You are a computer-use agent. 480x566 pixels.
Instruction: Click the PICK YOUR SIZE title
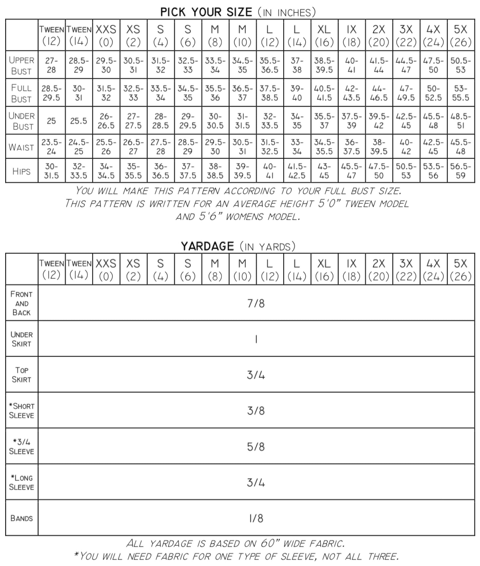point(206,12)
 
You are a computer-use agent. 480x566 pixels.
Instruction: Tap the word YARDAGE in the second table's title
point(207,246)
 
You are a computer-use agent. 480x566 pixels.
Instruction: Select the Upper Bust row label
point(22,65)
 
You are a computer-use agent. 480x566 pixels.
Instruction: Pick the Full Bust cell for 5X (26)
point(460,93)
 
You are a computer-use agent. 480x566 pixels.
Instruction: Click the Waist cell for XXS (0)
point(106,147)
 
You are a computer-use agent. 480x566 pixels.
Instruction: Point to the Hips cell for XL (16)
point(324,171)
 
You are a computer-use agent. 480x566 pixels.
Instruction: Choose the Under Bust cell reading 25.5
point(79,121)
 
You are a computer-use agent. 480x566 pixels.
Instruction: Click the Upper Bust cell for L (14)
point(297,65)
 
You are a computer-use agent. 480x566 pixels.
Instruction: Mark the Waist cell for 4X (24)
point(433,147)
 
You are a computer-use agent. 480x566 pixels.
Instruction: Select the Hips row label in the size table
point(22,171)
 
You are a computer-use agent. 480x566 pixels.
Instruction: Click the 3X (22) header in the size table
point(406,35)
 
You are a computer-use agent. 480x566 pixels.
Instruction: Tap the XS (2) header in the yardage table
point(133,269)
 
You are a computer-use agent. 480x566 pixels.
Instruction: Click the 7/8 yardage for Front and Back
point(256,303)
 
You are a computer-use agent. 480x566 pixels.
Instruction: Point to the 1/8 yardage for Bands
point(256,518)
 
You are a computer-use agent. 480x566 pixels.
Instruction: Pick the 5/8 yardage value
point(256,447)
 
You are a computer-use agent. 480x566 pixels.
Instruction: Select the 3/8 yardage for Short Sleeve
point(256,411)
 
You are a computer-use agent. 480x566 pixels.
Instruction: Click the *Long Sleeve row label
point(22,482)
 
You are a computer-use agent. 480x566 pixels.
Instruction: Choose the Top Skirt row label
point(22,375)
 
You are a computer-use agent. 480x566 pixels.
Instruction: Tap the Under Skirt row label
point(22,339)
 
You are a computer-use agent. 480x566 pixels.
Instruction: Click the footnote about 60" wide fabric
point(236,543)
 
